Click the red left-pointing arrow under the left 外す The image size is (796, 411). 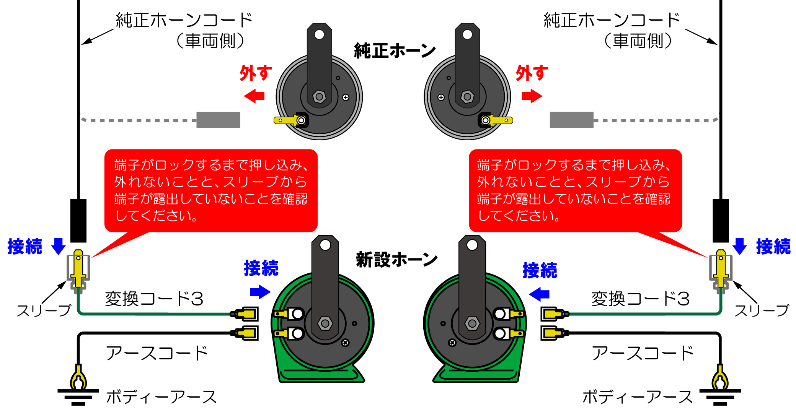pyautogui.click(x=254, y=96)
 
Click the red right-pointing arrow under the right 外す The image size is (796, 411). pyautogui.click(x=532, y=96)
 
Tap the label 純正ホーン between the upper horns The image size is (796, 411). pyautogui.click(x=395, y=51)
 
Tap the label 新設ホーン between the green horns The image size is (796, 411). pyautogui.click(x=396, y=260)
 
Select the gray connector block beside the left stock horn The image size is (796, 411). pyautogui.click(x=218, y=120)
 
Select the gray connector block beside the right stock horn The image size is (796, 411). pyautogui.click(x=571, y=120)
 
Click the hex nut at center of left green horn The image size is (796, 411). pyautogui.click(x=325, y=323)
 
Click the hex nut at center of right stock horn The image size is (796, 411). pyautogui.click(x=467, y=97)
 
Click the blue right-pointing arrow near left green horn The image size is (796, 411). pyautogui.click(x=260, y=292)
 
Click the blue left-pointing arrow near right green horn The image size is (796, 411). pyautogui.click(x=539, y=294)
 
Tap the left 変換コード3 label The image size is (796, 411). pyautogui.click(x=154, y=299)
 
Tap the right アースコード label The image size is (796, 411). pyautogui.click(x=643, y=353)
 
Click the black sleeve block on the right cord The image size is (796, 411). pyautogui.click(x=721, y=221)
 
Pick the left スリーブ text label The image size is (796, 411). pyautogui.click(x=44, y=310)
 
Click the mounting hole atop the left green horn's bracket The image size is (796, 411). pyautogui.click(x=325, y=245)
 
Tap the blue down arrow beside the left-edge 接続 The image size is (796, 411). pyautogui.click(x=58, y=246)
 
